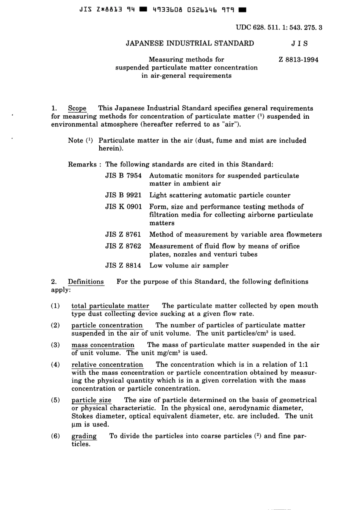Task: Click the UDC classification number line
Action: pos(279,27)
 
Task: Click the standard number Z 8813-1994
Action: pos(298,60)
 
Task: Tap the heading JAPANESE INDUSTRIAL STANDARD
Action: pos(190,43)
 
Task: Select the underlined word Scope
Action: pos(77,108)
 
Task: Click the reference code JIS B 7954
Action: pos(123,176)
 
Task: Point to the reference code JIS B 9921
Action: pos(123,195)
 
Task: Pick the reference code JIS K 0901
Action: pos(123,207)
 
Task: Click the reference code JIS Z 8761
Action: pos(123,235)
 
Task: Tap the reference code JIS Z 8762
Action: pos(123,246)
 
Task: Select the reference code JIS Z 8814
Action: pos(123,265)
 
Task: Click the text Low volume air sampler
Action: pos(189,265)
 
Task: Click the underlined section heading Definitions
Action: pos(86,282)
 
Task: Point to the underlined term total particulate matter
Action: pos(110,306)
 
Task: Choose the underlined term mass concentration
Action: pos(103,345)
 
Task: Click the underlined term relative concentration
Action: pos(107,365)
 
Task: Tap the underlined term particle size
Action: pos(91,400)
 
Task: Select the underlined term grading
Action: pos(84,436)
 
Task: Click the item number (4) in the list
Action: pos(55,365)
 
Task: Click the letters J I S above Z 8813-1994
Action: pos(299,43)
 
